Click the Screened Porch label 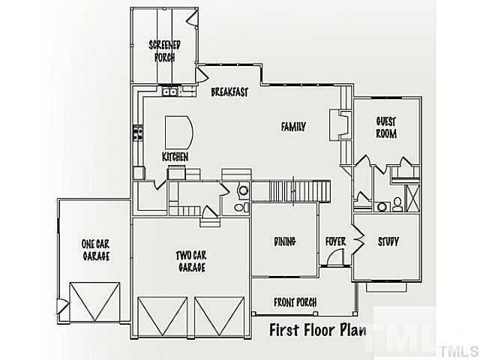point(163,49)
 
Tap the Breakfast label point(229,92)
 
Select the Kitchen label point(175,157)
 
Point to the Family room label point(293,127)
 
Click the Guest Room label point(385,127)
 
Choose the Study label point(388,241)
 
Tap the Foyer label point(334,241)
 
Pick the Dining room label point(284,241)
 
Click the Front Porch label point(294,301)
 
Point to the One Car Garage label point(96,250)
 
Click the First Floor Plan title point(316,331)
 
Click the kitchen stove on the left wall point(138,133)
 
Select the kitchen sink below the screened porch point(170,92)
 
